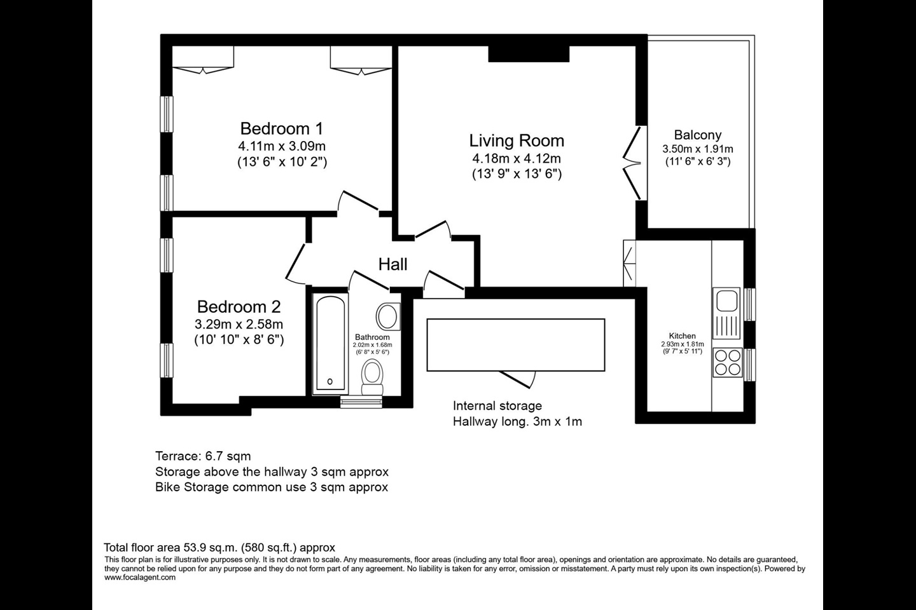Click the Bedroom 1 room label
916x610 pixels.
[281, 129]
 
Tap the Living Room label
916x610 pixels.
[517, 140]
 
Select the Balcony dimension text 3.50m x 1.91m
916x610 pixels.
[698, 149]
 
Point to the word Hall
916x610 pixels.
[392, 264]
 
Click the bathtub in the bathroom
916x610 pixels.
[330, 343]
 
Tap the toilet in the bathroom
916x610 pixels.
[372, 377]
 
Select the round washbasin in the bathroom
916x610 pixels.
[387, 316]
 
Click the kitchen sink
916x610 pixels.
[726, 313]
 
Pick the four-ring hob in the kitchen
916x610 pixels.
[728, 362]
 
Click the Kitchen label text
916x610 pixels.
[682, 336]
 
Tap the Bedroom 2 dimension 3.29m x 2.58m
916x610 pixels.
[239, 325]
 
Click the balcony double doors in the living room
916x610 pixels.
[633, 163]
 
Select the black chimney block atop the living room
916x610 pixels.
[529, 53]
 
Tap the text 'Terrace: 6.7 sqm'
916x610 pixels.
[203, 456]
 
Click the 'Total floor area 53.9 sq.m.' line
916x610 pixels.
[219, 548]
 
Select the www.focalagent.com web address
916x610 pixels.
[140, 578]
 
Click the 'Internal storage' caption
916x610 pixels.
[497, 405]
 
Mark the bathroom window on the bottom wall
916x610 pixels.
[361, 402]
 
